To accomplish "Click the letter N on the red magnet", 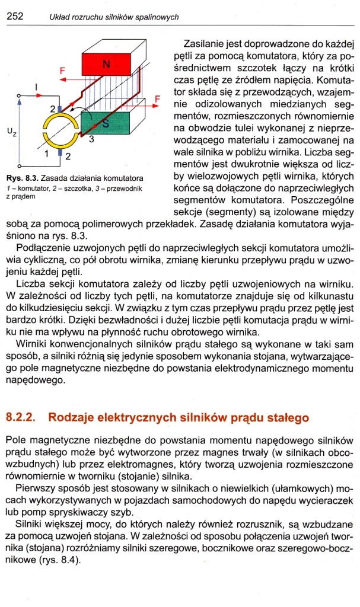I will point(107,64).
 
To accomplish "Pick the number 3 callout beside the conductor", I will point(91,140).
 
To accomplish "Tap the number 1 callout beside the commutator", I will point(46,154).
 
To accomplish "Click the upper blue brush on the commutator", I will point(60,107).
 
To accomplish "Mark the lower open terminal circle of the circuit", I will point(20,165).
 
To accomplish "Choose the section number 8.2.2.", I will point(20,417).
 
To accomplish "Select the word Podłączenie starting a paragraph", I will point(46,248).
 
